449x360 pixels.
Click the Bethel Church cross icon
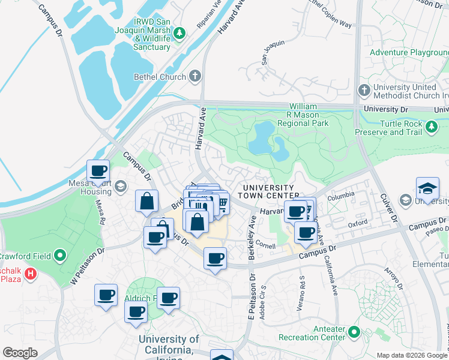(x=194, y=76)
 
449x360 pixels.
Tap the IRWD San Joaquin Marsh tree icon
(x=178, y=33)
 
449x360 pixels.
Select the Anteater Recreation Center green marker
(x=354, y=331)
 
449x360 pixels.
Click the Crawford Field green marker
(x=59, y=256)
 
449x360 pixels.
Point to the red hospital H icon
(x=32, y=275)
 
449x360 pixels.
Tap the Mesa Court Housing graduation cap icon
(x=120, y=186)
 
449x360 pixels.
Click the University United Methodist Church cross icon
(x=364, y=91)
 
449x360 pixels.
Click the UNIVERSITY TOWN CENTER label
(x=268, y=191)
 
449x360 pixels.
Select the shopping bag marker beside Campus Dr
(x=147, y=202)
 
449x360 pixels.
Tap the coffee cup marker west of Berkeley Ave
(x=215, y=259)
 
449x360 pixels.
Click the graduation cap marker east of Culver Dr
(x=427, y=188)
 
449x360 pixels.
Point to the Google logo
(x=20, y=353)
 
